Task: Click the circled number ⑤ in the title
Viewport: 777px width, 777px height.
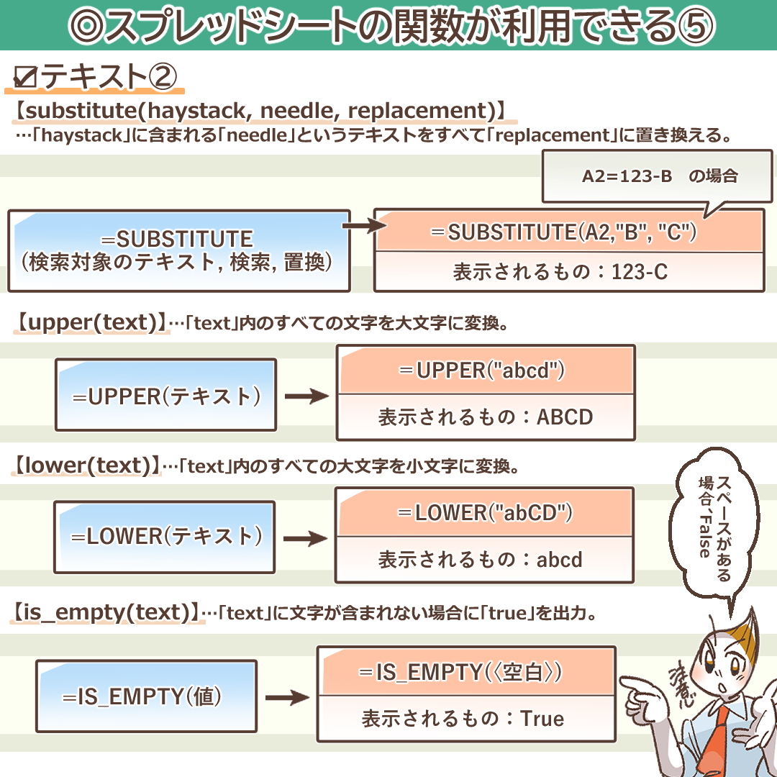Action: [695, 26]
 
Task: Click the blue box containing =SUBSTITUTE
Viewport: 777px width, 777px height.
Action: [178, 250]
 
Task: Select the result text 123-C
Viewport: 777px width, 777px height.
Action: [639, 272]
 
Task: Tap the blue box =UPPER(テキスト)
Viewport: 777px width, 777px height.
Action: [165, 395]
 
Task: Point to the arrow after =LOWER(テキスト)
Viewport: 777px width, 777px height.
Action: [306, 538]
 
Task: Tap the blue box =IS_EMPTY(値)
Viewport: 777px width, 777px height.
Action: [146, 696]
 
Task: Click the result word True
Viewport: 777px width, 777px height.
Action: [542, 719]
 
